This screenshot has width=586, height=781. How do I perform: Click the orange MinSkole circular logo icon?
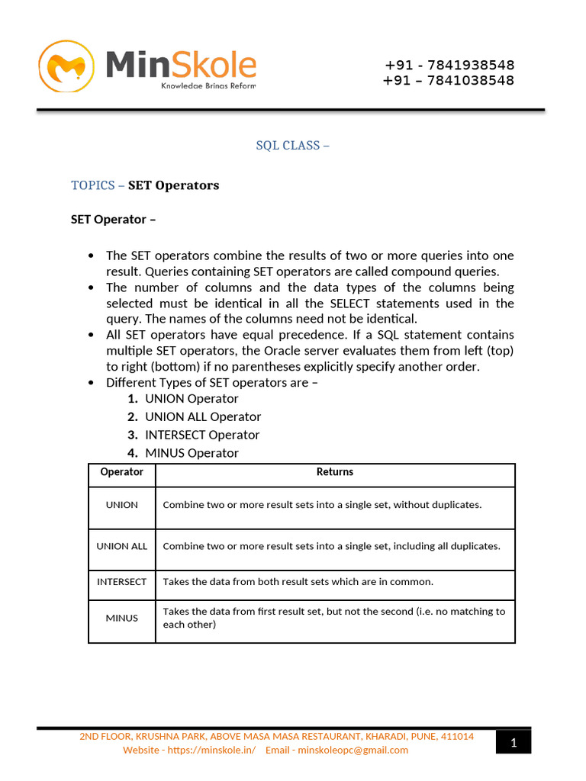(66, 66)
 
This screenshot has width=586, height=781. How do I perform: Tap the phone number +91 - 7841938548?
(449, 65)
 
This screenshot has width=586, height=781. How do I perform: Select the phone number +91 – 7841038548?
(449, 80)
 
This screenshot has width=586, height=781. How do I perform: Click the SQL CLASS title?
(292, 145)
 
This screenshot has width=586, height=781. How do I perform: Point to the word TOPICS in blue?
(93, 185)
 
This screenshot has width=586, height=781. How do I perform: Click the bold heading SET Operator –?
(113, 219)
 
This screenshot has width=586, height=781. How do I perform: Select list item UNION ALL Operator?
(203, 416)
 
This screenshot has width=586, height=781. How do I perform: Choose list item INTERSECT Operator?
(202, 435)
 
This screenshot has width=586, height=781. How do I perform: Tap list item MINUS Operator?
(192, 453)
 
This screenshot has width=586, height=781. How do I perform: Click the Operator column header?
(122, 472)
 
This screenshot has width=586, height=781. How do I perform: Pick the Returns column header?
(335, 472)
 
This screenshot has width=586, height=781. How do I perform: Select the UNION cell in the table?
(122, 505)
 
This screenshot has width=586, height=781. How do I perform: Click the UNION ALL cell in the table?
(122, 546)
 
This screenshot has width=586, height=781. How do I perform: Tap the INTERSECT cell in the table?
(122, 582)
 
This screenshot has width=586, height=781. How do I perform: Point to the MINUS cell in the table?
(122, 618)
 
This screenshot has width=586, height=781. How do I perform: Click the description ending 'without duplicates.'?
(322, 505)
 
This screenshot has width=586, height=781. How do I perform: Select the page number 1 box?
(514, 742)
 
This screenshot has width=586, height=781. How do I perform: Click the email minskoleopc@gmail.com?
(353, 750)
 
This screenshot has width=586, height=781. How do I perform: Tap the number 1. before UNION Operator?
(133, 399)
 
